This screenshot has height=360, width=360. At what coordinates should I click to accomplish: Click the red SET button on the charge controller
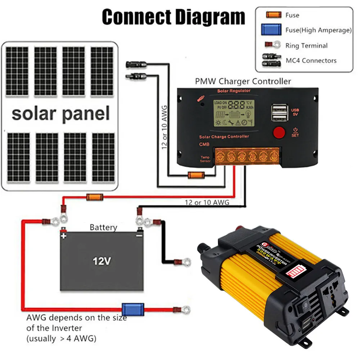279,132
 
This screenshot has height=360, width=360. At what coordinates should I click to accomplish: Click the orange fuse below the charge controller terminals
197,175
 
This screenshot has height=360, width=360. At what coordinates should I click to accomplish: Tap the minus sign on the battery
139,236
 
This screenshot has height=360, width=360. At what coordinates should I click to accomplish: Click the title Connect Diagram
174,17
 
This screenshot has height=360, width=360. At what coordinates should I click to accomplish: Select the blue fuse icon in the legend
271,30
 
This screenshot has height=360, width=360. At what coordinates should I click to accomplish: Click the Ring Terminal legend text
306,46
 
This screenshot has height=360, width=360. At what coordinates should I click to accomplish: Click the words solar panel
60,113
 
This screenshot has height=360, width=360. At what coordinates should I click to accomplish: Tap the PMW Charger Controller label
243,81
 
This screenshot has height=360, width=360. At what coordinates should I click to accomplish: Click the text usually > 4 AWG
62,338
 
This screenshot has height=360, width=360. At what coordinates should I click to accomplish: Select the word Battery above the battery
103,227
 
